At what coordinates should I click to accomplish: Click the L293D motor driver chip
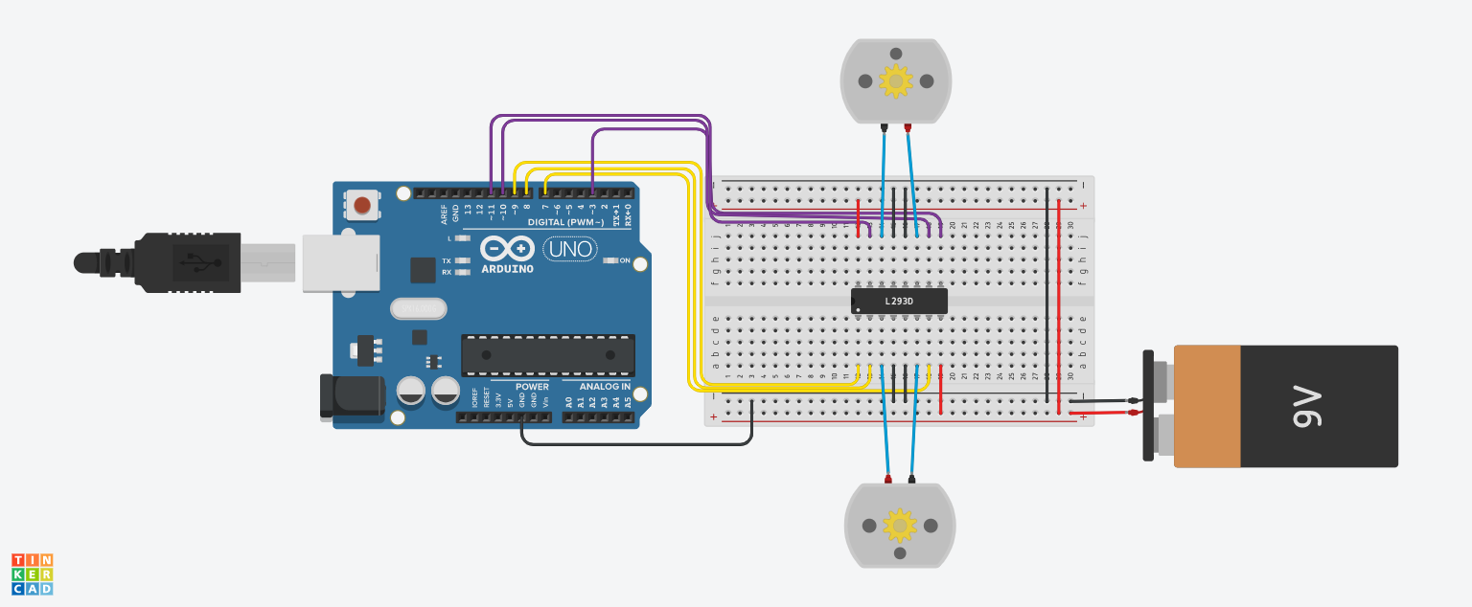(x=899, y=302)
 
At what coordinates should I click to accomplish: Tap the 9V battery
(x=1284, y=406)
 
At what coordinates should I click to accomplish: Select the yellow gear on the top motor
(x=896, y=81)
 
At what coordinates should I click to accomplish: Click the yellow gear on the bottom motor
(x=899, y=525)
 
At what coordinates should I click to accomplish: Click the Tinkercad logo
(x=33, y=573)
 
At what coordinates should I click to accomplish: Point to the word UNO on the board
(x=570, y=250)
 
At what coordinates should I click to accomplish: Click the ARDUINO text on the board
(x=507, y=269)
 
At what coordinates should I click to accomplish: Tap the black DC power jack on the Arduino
(x=352, y=396)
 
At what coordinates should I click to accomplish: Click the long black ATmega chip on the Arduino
(x=547, y=354)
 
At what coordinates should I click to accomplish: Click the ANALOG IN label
(x=605, y=387)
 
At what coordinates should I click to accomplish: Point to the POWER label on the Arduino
(x=532, y=387)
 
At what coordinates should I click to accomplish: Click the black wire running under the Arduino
(x=632, y=444)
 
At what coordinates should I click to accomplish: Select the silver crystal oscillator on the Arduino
(x=419, y=308)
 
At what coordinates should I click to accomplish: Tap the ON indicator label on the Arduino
(x=625, y=260)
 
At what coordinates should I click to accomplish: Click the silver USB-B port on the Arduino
(x=341, y=262)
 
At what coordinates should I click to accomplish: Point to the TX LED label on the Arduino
(x=447, y=260)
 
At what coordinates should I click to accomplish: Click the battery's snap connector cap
(x=1148, y=405)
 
